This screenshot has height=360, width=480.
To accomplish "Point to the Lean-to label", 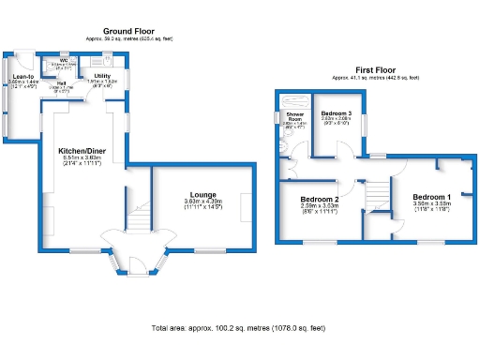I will coord(22,77).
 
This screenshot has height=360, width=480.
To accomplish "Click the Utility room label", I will coord(102,75).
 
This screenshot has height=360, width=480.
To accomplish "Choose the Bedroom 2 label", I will coord(319,200).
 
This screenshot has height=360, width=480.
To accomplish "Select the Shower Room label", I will coord(293,118).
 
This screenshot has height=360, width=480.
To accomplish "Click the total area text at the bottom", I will coord(239,328).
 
